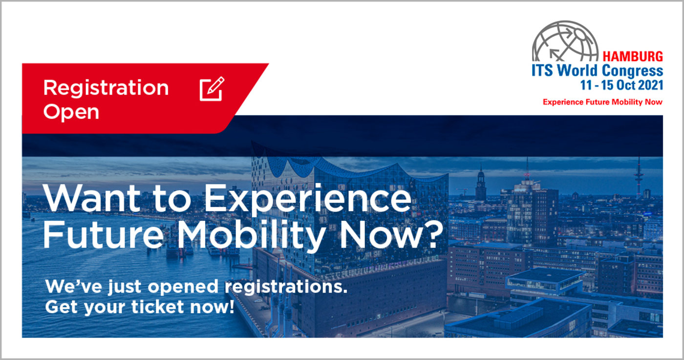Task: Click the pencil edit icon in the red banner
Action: [212, 89]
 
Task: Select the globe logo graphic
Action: [565, 41]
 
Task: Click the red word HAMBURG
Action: [633, 57]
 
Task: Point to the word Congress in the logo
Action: [632, 71]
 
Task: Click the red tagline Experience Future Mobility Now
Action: [602, 102]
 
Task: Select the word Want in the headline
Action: [91, 198]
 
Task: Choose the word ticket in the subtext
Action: [157, 307]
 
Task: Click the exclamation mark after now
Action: [231, 307]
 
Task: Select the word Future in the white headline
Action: [103, 234]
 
